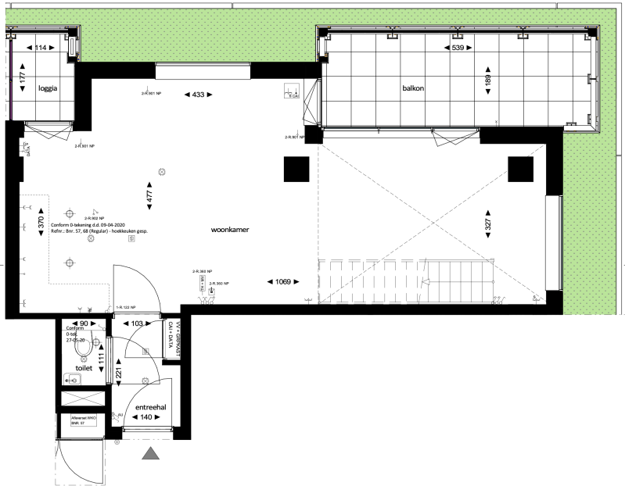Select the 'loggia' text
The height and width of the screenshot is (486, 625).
pyautogui.click(x=49, y=88)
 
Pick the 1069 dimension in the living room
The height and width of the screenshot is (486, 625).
pyautogui.click(x=282, y=281)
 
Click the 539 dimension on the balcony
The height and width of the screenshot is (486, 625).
pyautogui.click(x=457, y=48)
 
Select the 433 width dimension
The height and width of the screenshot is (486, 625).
pyautogui.click(x=197, y=95)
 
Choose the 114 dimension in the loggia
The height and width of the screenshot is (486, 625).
pyautogui.click(x=38, y=48)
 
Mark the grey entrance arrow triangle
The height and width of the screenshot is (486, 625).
pyautogui.click(x=149, y=453)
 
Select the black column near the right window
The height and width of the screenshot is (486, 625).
pyautogui.click(x=519, y=168)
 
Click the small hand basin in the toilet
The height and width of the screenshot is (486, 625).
pyautogui.click(x=74, y=380)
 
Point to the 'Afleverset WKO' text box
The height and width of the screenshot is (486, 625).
pyautogui.click(x=84, y=420)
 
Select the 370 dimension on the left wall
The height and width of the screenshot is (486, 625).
pyautogui.click(x=39, y=222)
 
